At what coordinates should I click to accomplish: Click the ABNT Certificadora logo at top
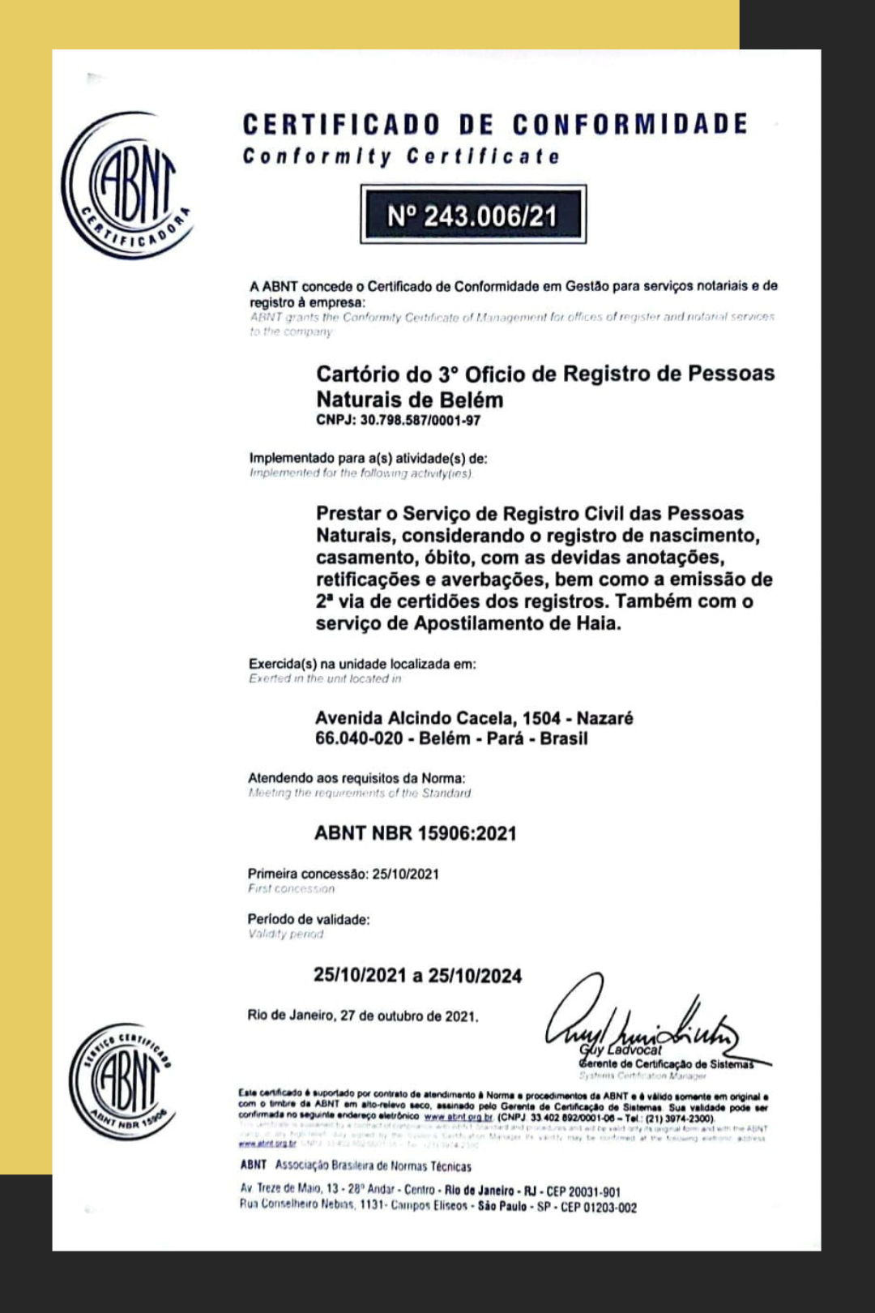[127, 186]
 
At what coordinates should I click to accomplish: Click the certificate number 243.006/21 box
[473, 216]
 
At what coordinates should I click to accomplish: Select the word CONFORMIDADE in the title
[630, 124]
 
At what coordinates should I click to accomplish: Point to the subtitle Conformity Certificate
[401, 156]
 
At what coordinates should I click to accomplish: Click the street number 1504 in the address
[541, 718]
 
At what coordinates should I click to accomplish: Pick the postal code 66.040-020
[359, 738]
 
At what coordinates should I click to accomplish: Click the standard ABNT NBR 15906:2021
[415, 833]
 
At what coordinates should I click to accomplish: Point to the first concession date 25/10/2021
[405, 874]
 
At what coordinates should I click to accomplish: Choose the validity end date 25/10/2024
[475, 976]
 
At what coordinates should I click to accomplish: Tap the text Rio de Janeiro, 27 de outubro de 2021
[363, 1016]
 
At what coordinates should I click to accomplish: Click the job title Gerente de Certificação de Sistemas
[666, 1064]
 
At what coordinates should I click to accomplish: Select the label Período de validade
[308, 919]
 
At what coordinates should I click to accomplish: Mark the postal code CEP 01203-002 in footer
[599, 1207]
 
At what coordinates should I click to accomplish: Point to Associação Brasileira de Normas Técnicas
[373, 1165]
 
